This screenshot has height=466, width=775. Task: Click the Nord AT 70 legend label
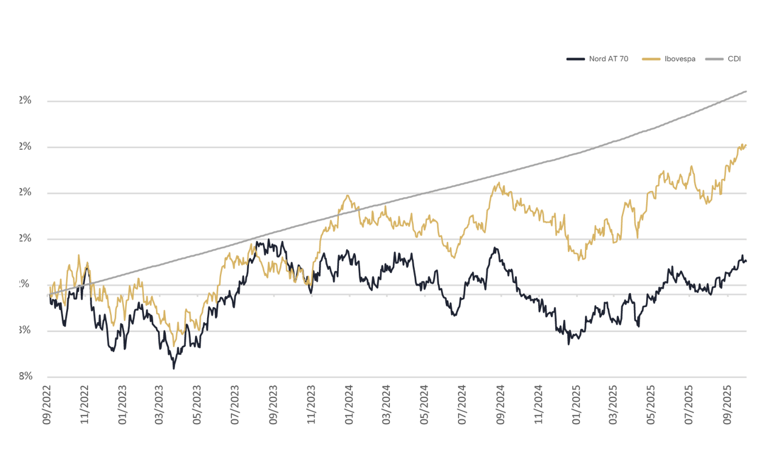click(x=608, y=59)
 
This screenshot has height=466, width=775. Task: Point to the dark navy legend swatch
click(x=575, y=59)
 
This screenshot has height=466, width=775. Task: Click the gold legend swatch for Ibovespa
click(x=650, y=59)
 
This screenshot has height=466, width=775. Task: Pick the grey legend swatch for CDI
click(x=714, y=59)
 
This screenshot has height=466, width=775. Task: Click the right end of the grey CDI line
click(x=746, y=92)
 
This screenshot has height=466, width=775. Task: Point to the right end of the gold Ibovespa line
click(x=746, y=146)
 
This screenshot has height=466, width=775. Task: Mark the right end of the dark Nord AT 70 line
click(x=746, y=262)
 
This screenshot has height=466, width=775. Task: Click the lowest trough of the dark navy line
click(x=174, y=368)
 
